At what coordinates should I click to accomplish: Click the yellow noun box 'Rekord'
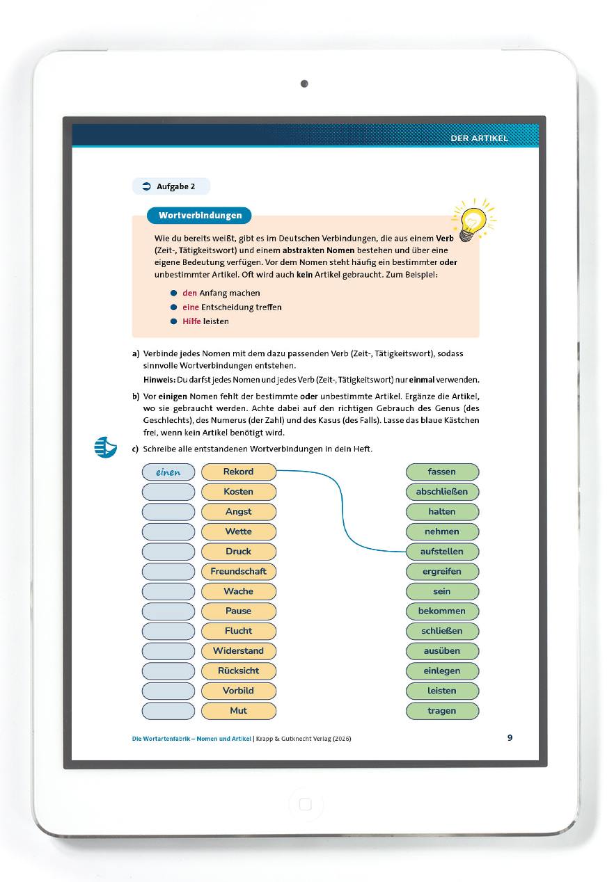point(239,472)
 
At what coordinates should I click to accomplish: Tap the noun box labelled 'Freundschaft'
point(239,571)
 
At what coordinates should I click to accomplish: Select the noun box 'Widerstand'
point(239,651)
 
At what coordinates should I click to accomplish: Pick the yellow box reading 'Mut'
point(239,711)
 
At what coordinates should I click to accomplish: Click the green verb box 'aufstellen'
point(442,552)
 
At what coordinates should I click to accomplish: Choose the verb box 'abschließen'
point(442,492)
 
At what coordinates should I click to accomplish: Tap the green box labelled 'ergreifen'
point(442,571)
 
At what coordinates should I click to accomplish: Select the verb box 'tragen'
point(442,711)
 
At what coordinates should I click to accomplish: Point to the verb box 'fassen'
point(442,472)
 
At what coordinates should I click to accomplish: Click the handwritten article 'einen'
point(168,472)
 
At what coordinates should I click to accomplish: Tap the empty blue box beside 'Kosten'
point(168,492)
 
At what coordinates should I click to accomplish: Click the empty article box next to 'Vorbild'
point(168,691)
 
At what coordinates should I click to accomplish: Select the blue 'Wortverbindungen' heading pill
point(199,216)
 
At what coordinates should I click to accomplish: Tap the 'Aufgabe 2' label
point(171,186)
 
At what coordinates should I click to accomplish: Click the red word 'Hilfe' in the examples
point(191,321)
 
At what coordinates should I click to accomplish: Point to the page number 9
point(510,738)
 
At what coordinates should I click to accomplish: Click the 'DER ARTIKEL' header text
point(479,138)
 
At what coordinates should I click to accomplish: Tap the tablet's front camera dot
point(304,84)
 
